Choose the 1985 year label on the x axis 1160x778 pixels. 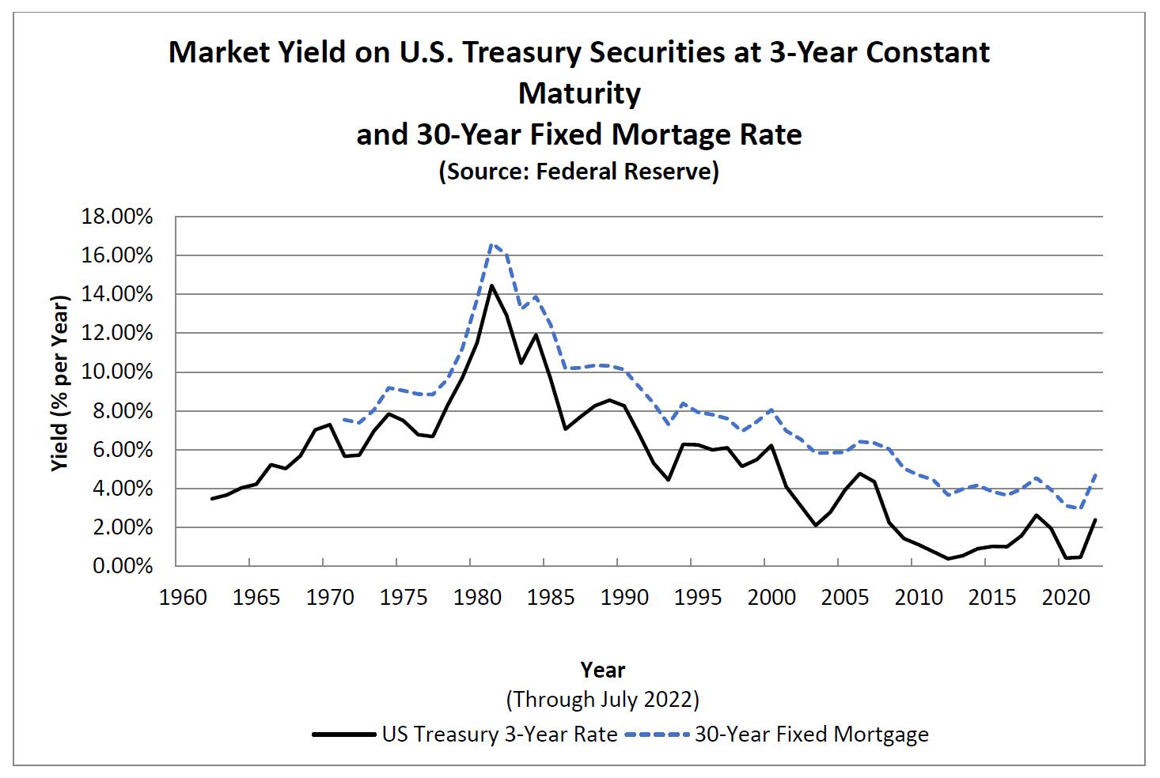point(552,597)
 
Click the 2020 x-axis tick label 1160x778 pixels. point(1066,597)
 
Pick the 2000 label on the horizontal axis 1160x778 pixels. point(772,597)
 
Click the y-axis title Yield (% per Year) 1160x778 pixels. point(61,383)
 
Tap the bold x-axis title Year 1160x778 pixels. point(603,670)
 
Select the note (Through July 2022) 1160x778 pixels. point(603,699)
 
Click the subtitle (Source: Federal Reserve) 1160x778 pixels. point(579,171)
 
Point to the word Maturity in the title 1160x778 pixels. point(579,93)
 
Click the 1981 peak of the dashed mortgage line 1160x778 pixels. point(491,244)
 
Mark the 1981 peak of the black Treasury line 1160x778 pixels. point(491,285)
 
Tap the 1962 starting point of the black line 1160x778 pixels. point(212,499)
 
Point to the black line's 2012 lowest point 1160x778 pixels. point(948,559)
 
